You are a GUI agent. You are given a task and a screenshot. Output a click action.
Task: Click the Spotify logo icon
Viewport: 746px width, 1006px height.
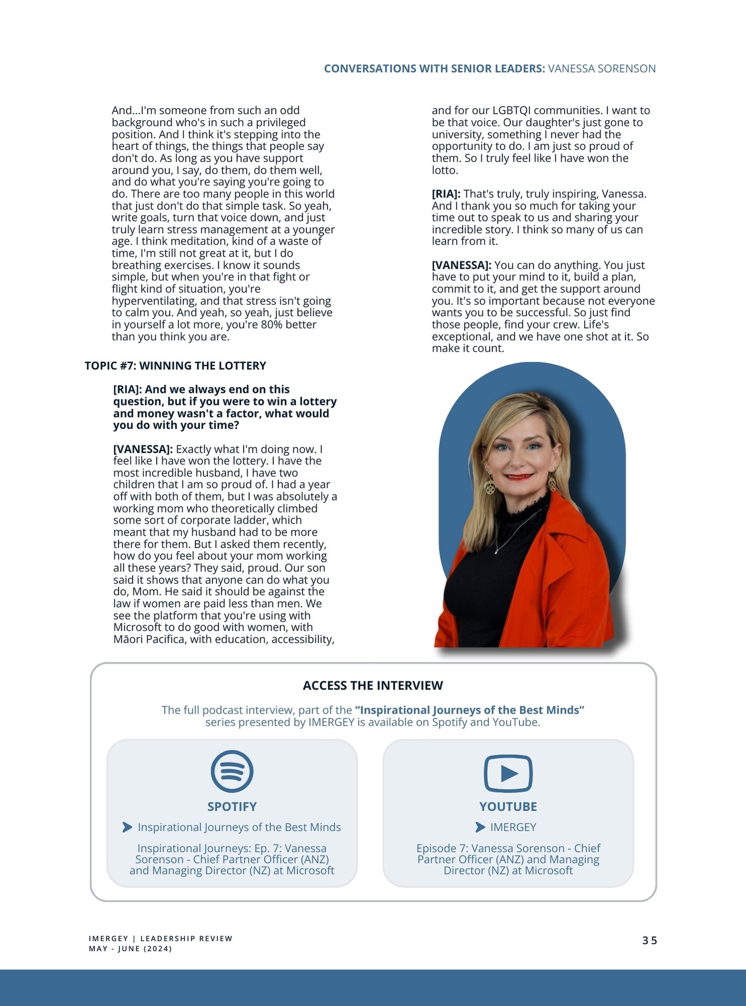232,771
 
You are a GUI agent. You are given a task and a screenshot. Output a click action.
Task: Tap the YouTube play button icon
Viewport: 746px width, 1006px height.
508,773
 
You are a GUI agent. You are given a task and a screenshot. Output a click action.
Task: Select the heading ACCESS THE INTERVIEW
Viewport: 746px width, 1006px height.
372,686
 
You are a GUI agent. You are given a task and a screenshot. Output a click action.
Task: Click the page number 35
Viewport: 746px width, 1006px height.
649,941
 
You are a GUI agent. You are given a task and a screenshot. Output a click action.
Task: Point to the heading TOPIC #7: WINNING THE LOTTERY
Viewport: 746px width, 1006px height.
175,366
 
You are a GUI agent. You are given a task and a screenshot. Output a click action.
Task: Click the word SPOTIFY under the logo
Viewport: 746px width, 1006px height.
232,807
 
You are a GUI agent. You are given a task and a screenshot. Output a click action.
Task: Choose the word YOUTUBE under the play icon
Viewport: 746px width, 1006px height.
508,807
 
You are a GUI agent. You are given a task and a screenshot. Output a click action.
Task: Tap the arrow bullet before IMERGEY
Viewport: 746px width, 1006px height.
480,827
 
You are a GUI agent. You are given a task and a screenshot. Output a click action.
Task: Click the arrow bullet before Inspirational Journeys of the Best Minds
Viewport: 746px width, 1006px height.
127,827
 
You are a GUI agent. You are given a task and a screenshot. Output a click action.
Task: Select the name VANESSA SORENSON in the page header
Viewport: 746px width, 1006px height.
601,68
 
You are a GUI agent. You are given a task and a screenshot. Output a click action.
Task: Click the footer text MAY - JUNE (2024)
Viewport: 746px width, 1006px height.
130,949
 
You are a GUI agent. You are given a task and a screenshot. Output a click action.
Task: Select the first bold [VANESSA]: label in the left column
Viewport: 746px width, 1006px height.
143,449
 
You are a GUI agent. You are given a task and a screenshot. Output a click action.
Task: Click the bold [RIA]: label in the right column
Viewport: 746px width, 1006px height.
446,194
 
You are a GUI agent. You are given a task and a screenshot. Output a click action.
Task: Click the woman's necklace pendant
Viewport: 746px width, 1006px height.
496,552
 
